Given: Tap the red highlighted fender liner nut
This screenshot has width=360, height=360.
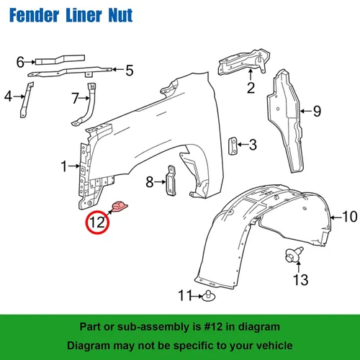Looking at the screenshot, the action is pos(120,207).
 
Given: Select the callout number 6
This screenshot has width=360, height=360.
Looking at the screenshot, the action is pos(20,62).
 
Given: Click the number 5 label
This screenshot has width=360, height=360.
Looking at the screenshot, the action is pos(130,71).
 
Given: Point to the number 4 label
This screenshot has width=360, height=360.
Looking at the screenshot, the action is pos(8,96).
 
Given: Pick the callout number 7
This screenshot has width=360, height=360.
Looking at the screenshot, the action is pos(76,98).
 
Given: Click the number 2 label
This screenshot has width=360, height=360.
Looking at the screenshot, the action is pos(251,88).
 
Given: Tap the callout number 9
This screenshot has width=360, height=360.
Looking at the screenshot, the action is pos(317,111).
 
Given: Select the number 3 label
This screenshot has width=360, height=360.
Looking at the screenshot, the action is pos(253,145).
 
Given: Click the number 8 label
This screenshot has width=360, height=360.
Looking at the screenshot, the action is pos(150,182).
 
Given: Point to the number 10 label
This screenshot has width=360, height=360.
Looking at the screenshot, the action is pos(350,217).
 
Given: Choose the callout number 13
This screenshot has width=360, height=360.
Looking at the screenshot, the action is pos(300,279).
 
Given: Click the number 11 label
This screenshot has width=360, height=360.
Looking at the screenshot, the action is pos(185,295).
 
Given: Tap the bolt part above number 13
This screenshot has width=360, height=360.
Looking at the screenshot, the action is pos(294,255).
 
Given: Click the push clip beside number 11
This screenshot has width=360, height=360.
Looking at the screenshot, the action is pos(209,296).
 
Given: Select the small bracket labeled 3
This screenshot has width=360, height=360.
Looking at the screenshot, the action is pos(233,146).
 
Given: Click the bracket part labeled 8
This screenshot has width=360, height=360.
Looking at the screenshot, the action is pos(171,181).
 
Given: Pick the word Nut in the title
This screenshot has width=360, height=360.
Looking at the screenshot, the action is pos(120,15).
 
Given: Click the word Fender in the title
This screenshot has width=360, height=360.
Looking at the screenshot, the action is pos(34,15).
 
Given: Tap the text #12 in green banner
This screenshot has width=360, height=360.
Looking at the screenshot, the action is pos(213,327).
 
